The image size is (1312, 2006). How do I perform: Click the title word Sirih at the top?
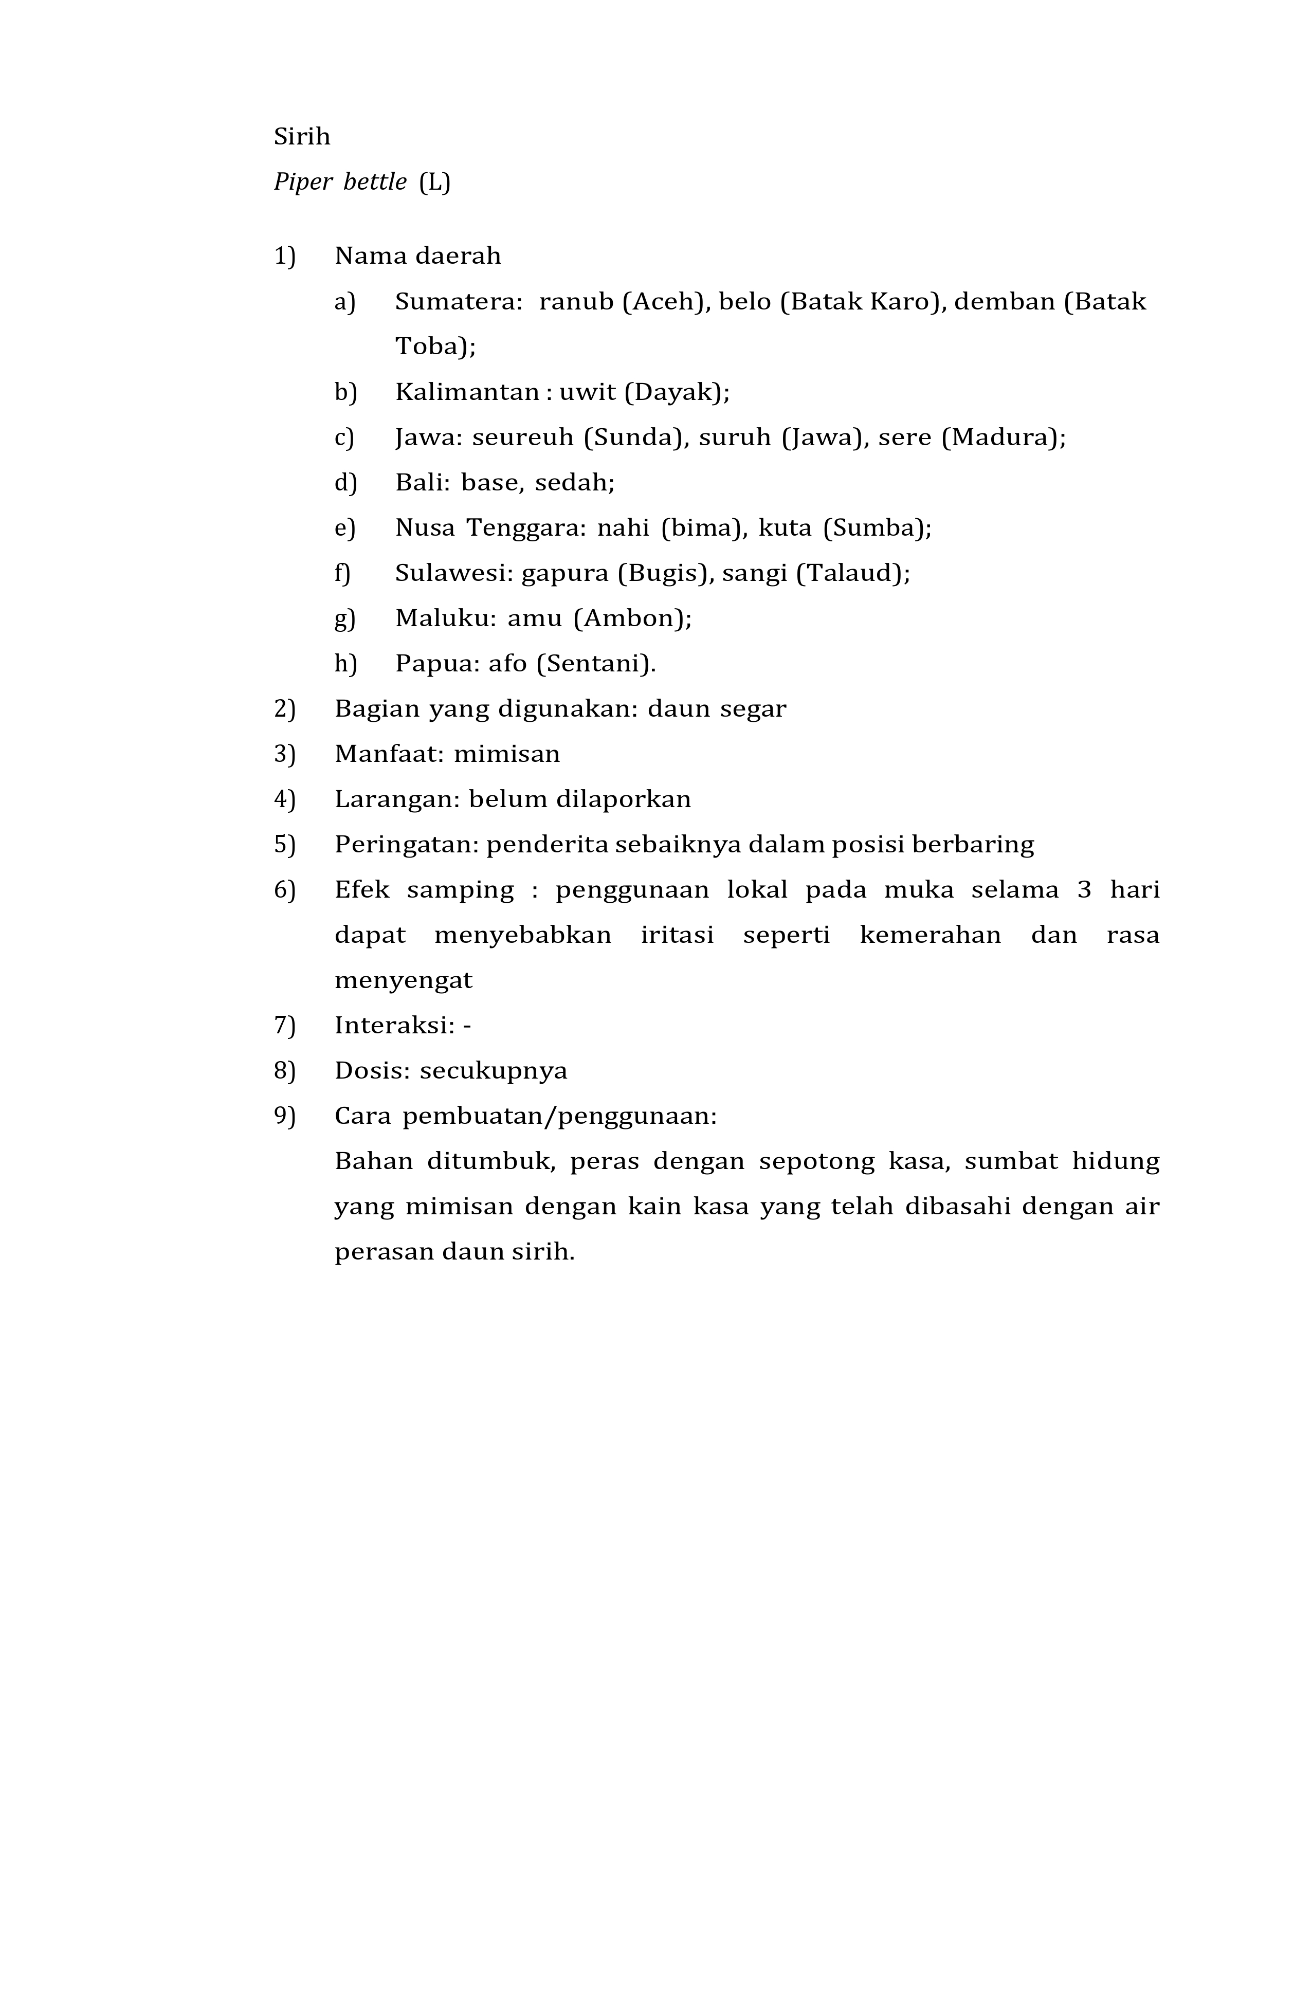point(302,137)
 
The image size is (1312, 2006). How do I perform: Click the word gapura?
point(564,573)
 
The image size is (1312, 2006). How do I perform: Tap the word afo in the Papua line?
point(507,664)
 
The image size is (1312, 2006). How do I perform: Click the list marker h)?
point(345,664)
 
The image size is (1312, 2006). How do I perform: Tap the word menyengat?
point(404,980)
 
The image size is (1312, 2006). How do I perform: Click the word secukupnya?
point(494,1071)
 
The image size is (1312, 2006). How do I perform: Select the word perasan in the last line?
point(377,1252)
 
